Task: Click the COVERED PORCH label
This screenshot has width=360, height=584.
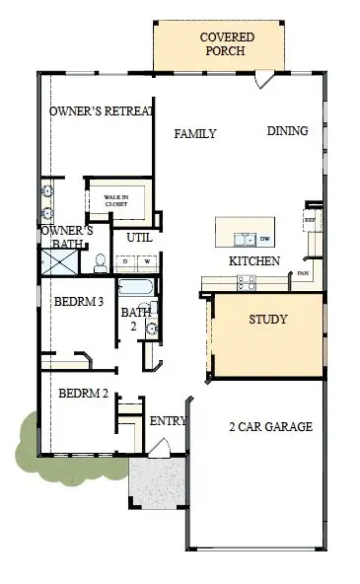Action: tap(227, 44)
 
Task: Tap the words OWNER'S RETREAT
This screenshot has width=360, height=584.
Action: tap(102, 111)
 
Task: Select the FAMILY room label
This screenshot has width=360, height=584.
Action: tap(195, 133)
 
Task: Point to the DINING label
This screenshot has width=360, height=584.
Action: tap(287, 130)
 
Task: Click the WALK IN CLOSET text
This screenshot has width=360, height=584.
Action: tap(117, 201)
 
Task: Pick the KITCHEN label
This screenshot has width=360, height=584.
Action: tap(253, 261)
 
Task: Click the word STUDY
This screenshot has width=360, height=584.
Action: tap(267, 319)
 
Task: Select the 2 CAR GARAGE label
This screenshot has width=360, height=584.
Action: tap(269, 426)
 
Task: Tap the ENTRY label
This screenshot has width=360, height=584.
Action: tap(167, 421)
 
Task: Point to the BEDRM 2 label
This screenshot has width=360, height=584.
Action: tap(80, 393)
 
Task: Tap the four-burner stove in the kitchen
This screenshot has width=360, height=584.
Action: tap(247, 282)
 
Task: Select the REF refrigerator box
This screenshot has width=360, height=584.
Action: tap(310, 219)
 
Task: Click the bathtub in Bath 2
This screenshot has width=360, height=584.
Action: tap(135, 289)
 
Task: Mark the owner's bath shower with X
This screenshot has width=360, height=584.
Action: tap(57, 262)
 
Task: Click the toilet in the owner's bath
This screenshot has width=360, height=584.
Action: tap(100, 263)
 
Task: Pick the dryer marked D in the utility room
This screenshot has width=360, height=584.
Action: tap(123, 261)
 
